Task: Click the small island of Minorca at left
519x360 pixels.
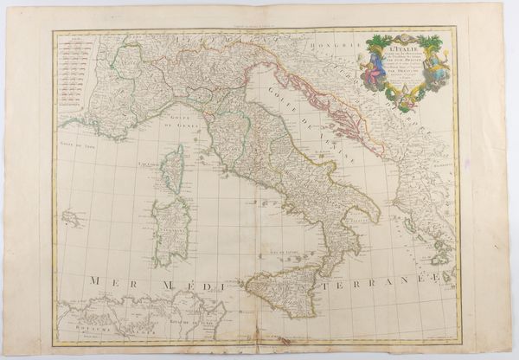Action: [72, 217]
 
